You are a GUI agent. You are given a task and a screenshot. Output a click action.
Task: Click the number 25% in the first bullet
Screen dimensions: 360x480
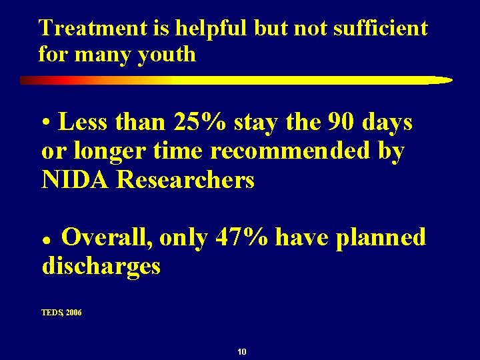(x=197, y=123)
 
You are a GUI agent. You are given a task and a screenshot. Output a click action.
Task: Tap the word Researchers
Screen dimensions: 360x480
(x=186, y=180)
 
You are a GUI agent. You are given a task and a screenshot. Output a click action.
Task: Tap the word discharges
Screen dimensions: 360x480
(x=101, y=266)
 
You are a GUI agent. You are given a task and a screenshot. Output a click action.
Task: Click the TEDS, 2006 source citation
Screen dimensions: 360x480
(x=61, y=312)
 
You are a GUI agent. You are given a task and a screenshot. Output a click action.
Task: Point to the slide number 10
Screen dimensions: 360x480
(x=242, y=351)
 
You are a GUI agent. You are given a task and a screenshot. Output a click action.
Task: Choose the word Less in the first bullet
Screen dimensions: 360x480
(x=83, y=123)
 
